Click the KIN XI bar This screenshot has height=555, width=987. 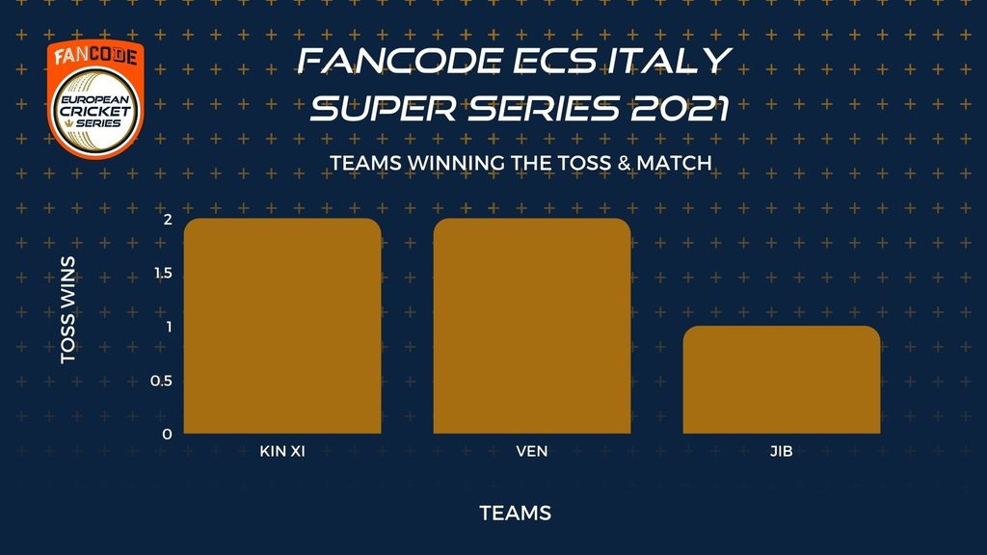pos(282,326)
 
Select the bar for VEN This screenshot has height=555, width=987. pos(532,326)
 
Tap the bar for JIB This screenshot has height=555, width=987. pos(781,380)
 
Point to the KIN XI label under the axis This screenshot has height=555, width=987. pos(282,451)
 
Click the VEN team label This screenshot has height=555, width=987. pos(532,451)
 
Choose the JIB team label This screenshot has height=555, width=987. pos(781,451)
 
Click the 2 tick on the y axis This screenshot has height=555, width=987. pos(168,219)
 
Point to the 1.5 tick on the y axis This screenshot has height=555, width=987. pos(163,273)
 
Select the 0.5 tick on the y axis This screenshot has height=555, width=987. pos(161,381)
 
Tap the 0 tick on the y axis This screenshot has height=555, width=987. pos(167,435)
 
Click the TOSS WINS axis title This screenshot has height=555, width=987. pos(67,309)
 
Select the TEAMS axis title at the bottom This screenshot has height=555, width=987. pos(515,513)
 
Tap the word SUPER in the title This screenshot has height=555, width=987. pos(383,108)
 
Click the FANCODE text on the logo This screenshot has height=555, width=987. pos(95,56)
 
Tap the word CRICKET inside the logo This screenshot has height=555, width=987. pos(95,112)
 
